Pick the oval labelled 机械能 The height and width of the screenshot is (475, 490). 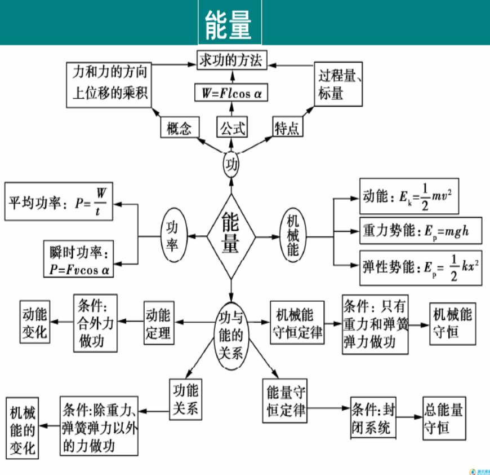(293, 235)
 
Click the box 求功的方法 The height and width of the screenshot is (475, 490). (231, 60)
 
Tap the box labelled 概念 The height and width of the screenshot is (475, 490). (180, 127)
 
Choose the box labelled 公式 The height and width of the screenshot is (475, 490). (232, 127)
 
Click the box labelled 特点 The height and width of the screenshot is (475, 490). (287, 127)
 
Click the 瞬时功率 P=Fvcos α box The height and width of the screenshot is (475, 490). (78, 258)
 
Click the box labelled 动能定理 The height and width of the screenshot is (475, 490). (158, 323)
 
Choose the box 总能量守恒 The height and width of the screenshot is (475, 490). (445, 418)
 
